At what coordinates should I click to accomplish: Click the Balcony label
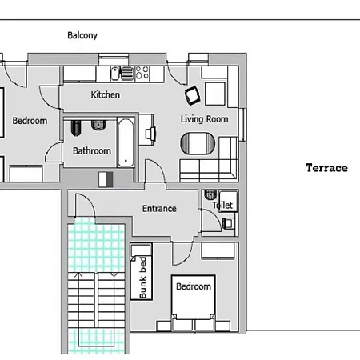pyautogui.click(x=82, y=35)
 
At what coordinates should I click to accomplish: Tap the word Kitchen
pyautogui.click(x=105, y=94)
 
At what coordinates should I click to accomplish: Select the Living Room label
pyautogui.click(x=204, y=119)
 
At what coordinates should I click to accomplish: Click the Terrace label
pyautogui.click(x=326, y=168)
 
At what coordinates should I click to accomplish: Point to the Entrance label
pyautogui.click(x=159, y=209)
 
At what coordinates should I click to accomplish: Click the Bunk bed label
pyautogui.click(x=142, y=278)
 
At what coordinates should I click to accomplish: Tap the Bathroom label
pyautogui.click(x=92, y=151)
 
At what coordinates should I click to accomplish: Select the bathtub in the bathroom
pyautogui.click(x=126, y=142)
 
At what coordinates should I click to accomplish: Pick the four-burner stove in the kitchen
pyautogui.click(x=142, y=73)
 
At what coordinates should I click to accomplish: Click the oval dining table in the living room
pyautogui.click(x=198, y=143)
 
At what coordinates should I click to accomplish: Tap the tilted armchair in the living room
pyautogui.click(x=193, y=95)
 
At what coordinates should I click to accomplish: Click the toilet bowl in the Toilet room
pyautogui.click(x=210, y=194)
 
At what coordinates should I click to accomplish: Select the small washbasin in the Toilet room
pyautogui.click(x=228, y=223)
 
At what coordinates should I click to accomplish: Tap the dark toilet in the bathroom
pyautogui.click(x=76, y=128)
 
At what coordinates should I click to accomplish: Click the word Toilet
pyautogui.click(x=222, y=205)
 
